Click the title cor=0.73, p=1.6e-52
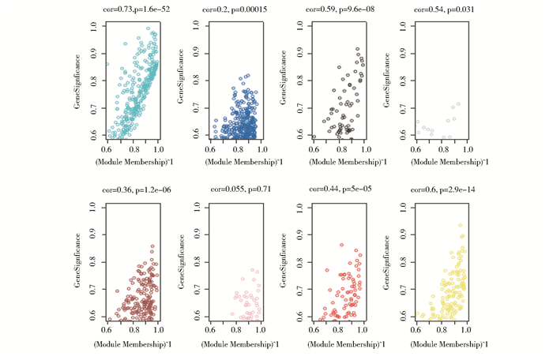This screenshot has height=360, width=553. point(137,9)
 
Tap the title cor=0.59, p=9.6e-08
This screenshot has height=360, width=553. point(340,9)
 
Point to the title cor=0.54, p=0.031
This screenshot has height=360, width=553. point(441,9)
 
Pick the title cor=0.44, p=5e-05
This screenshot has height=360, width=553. point(340,190)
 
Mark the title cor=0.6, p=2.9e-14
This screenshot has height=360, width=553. point(441,190)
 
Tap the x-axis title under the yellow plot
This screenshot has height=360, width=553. point(442,344)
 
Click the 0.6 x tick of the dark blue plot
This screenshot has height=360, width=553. point(210,148)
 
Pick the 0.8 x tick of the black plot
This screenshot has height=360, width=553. point(339,148)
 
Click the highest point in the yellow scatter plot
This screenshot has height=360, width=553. point(460,225)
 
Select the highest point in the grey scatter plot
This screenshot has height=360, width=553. point(458,103)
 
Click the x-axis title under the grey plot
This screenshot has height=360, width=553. point(442,162)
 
